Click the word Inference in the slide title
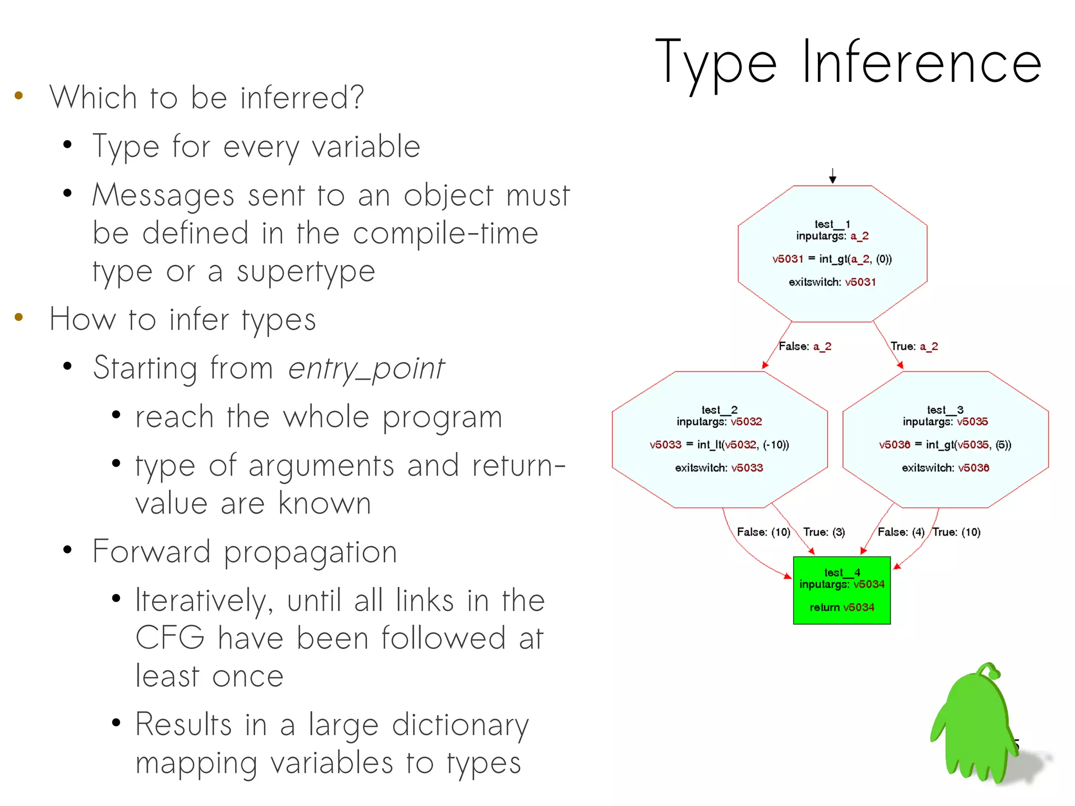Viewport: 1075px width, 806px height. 922,63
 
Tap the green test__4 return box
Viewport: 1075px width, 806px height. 841,590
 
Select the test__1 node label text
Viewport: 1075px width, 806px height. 832,224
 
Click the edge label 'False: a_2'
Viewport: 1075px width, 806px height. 805,346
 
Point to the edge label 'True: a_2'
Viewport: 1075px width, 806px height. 914,346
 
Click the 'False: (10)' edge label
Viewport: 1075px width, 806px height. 763,532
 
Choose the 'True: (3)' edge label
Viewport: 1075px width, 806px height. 824,532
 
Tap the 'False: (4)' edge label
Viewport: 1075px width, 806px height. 901,532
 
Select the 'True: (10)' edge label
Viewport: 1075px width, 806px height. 956,532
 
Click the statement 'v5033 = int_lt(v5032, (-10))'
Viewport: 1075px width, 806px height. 719,445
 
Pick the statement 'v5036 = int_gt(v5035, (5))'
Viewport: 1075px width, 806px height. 945,445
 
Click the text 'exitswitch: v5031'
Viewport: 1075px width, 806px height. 832,282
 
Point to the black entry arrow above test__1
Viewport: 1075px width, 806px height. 832,176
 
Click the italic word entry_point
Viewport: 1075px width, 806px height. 366,369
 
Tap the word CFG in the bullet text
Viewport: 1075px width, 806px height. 170,638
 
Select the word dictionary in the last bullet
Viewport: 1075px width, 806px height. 460,725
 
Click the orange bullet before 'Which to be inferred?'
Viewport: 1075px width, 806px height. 19,96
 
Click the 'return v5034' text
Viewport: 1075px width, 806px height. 841,608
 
